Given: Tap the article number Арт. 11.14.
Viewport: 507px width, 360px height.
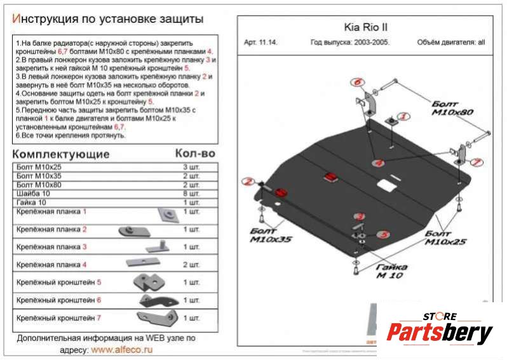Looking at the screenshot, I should click(260, 43).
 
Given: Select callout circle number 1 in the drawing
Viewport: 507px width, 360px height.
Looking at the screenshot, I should click(404, 117).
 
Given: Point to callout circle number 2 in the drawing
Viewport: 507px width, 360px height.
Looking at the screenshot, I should click(248, 182).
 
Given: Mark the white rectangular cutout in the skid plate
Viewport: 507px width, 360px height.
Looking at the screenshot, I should click(384, 185).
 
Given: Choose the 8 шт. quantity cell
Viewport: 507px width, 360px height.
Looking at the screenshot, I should click(191, 193).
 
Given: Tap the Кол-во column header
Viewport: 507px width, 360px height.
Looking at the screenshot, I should click(194, 154).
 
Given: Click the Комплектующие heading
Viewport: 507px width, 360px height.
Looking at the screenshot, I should click(61, 154).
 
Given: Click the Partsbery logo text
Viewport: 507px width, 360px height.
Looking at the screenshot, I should click(440, 333).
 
